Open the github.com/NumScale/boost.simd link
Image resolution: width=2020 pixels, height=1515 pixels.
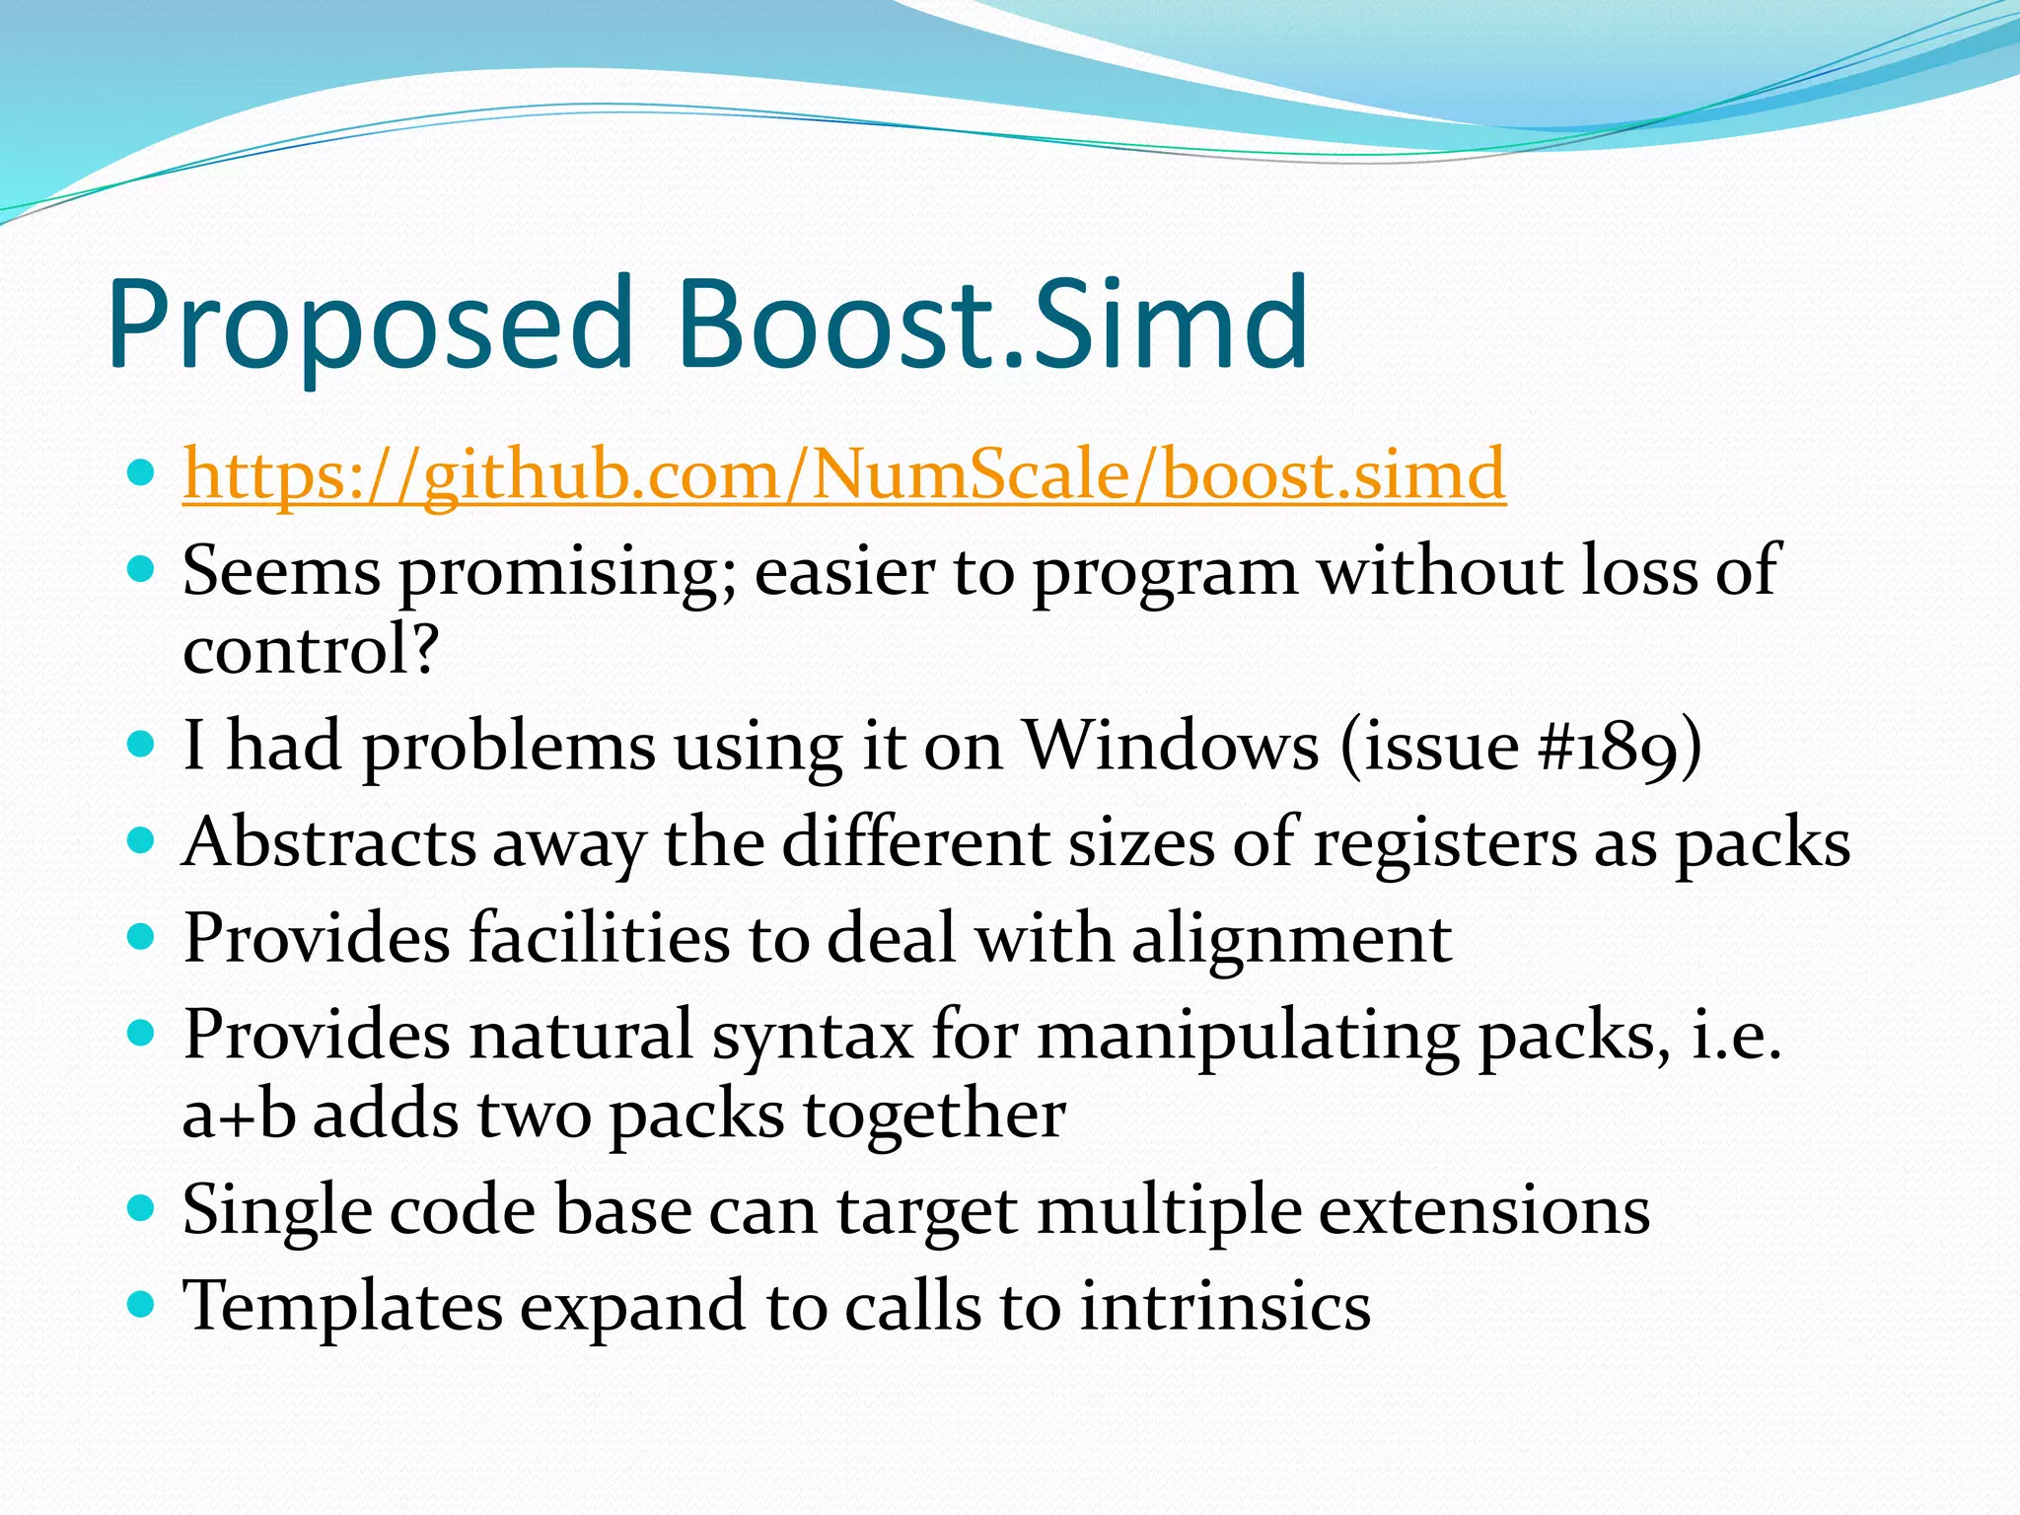[x=844, y=474]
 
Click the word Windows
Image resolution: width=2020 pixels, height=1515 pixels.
[x=1171, y=746]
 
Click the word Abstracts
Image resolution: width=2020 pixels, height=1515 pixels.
[x=328, y=842]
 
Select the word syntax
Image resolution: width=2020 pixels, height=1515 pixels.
[x=813, y=1037]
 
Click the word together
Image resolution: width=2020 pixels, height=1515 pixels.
[x=935, y=1115]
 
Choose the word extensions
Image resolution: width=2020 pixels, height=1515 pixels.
[x=1484, y=1211]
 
